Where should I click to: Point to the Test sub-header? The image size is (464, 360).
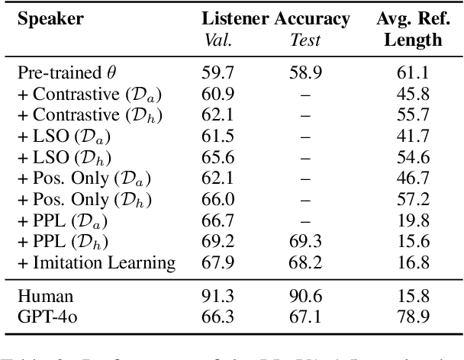pyautogui.click(x=304, y=39)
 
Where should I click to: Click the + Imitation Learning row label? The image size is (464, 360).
pyautogui.click(x=96, y=263)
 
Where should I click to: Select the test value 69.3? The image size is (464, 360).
pyautogui.click(x=304, y=245)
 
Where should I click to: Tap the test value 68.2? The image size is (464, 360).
pyautogui.click(x=304, y=263)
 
